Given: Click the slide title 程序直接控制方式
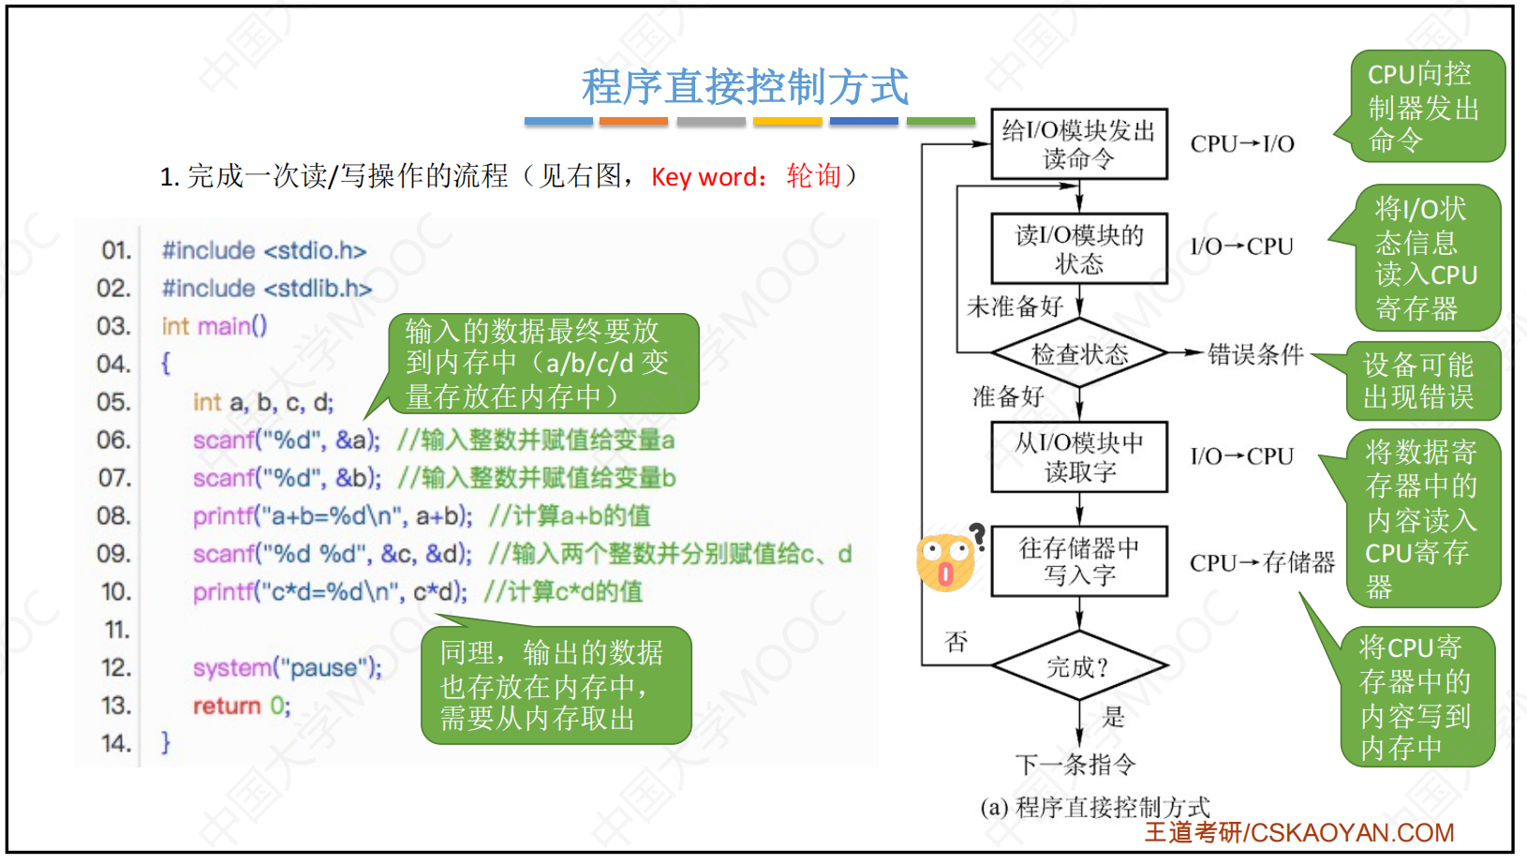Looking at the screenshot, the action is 745,86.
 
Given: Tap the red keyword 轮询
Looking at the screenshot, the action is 814,176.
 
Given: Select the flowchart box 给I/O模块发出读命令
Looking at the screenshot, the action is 1079,144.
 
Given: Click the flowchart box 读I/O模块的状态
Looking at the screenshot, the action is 1079,248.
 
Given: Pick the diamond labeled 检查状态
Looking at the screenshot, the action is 1079,353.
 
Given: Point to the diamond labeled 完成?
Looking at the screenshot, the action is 1079,665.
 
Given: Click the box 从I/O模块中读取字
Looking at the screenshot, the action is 1079,456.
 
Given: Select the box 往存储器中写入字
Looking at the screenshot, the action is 1079,560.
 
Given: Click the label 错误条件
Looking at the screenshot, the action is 1255,354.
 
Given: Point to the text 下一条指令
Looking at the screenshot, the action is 1075,765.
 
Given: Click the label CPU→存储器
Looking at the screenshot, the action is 1262,562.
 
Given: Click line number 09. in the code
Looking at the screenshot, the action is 116,554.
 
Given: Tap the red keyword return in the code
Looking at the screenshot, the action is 227,706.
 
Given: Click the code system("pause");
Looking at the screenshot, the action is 288,667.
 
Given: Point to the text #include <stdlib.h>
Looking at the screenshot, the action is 267,289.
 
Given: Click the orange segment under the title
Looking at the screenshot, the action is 634,122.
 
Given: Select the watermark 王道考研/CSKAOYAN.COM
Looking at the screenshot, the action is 1299,833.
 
